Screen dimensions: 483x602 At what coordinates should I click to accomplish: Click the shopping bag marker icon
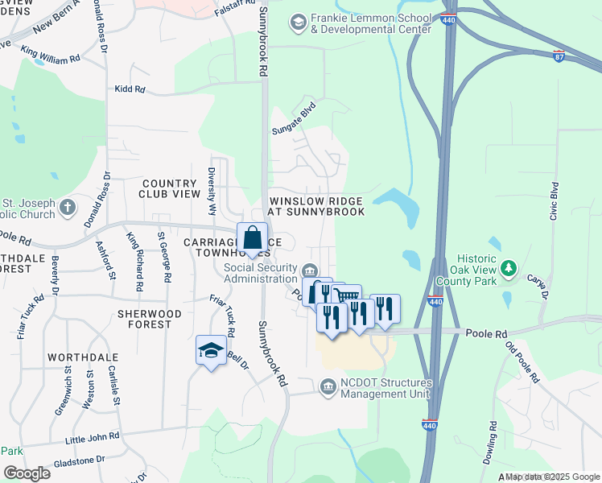[x=253, y=238]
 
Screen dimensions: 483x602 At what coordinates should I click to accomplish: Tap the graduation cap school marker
[x=211, y=350]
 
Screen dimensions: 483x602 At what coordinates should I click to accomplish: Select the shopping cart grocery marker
[x=346, y=299]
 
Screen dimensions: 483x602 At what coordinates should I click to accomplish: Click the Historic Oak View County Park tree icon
[x=508, y=266]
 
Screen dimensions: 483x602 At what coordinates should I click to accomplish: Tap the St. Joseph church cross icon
[x=68, y=207]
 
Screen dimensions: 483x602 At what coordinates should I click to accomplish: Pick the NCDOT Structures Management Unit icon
[x=328, y=388]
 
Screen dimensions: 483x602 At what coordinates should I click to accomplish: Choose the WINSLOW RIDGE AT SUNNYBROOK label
[x=316, y=206]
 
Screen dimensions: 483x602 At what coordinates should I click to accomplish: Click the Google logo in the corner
[x=27, y=473]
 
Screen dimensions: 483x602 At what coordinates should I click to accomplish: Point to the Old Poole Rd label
[x=523, y=361]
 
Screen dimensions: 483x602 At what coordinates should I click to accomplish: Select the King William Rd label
[x=51, y=58]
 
